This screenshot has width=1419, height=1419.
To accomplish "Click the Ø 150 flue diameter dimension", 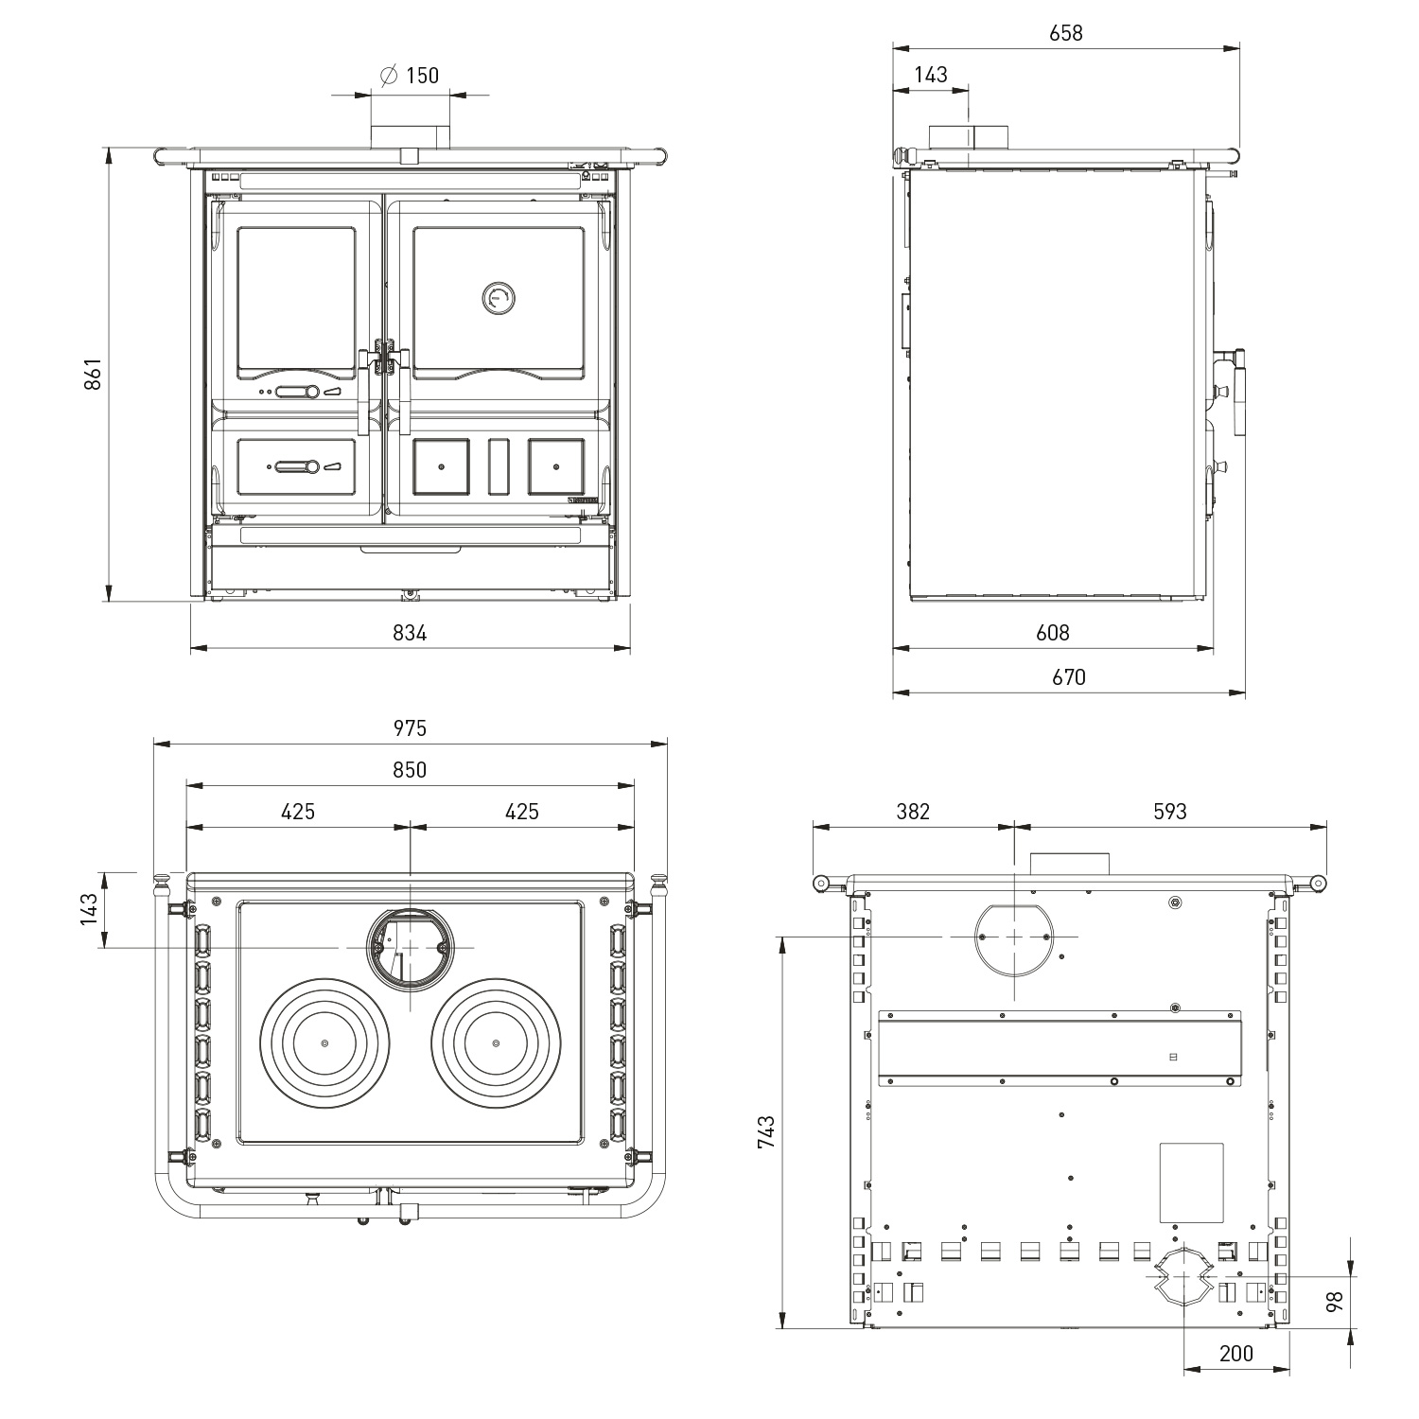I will [x=410, y=76].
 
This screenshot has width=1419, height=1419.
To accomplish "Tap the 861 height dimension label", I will [x=93, y=376].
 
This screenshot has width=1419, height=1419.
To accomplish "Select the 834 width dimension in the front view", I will [x=410, y=633].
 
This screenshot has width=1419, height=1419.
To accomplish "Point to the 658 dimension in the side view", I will [x=1065, y=33].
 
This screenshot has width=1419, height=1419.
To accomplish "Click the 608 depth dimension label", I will [x=1052, y=633].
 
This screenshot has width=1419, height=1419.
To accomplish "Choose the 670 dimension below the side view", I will [x=1068, y=677].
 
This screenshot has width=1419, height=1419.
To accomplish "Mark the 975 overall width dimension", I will [x=410, y=727].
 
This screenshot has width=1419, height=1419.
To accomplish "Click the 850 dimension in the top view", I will [x=410, y=770].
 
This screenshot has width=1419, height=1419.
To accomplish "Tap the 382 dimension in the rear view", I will [x=913, y=811].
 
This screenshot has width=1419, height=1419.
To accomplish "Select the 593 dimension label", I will [x=1169, y=811].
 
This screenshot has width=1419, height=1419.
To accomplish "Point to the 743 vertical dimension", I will [x=766, y=1132].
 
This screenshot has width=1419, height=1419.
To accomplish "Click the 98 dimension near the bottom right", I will [x=1335, y=1302].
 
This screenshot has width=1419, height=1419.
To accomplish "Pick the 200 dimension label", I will [x=1235, y=1354].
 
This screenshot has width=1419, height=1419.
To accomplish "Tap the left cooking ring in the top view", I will [x=324, y=1042].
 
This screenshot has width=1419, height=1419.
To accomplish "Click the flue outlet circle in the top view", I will [x=410, y=948].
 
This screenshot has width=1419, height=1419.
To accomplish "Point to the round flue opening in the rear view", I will [x=1013, y=936].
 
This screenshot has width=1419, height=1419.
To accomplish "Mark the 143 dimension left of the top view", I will [x=89, y=909].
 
